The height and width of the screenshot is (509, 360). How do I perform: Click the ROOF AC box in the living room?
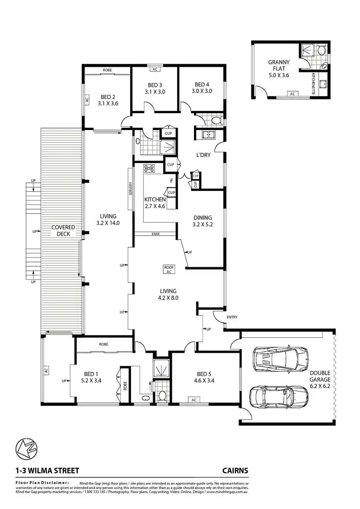tap(168, 270)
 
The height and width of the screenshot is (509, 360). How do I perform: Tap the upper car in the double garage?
tap(282, 358)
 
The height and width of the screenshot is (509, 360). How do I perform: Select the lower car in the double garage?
tap(278, 396)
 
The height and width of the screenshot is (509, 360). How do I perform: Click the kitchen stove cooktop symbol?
tap(148, 168)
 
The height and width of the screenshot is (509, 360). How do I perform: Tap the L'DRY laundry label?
tap(204, 155)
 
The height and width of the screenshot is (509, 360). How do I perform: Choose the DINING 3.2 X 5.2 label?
tap(202, 221)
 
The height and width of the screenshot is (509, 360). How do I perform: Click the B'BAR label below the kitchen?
tap(156, 234)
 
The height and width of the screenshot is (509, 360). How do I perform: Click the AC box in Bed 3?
tap(155, 69)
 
